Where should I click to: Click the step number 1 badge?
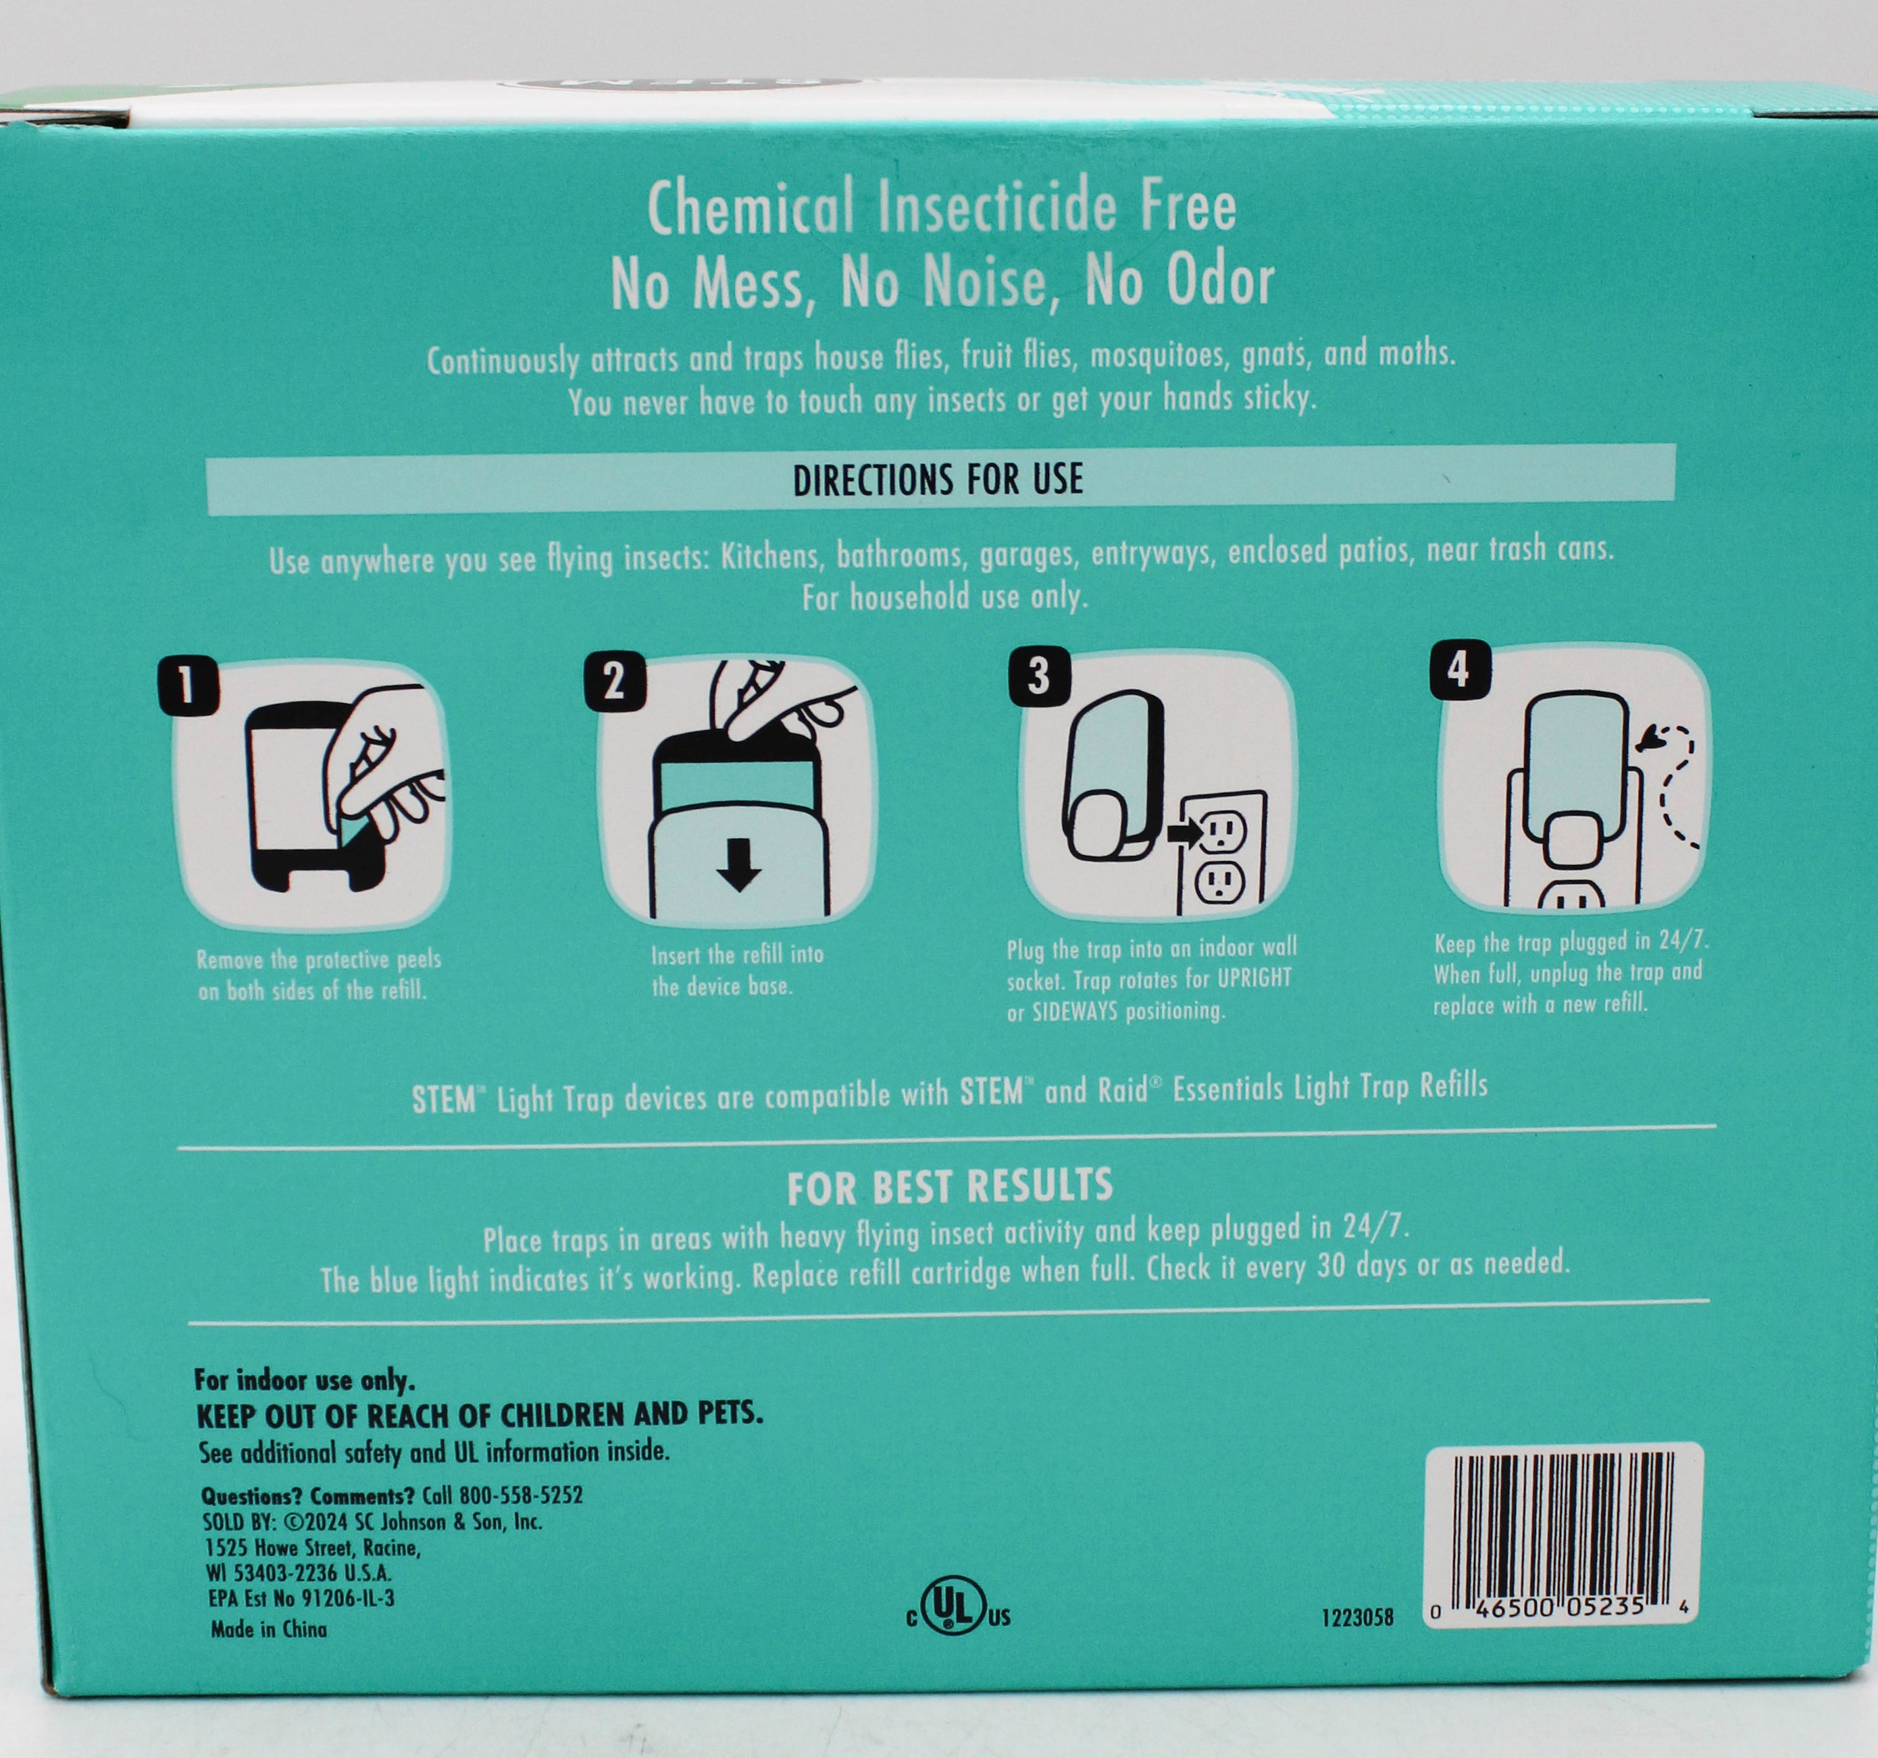[x=188, y=685]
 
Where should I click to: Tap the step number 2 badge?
[x=615, y=681]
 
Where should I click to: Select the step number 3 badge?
[x=1039, y=676]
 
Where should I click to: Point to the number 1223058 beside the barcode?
[x=1357, y=1618]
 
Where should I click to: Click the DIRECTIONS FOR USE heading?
[x=938, y=480]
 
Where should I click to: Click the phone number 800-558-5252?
[x=521, y=1495]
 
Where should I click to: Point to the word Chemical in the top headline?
[x=750, y=210]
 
